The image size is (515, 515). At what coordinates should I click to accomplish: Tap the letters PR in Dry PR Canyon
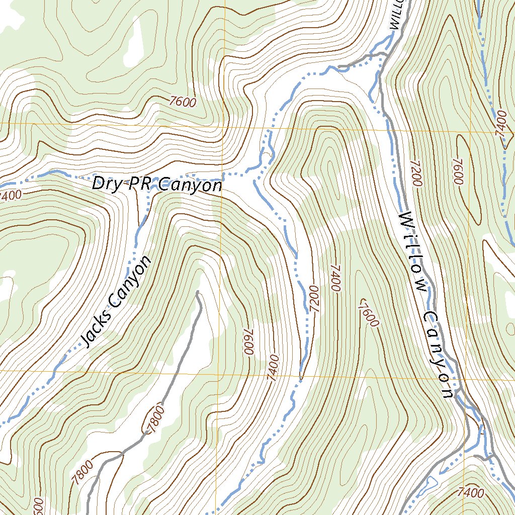click(x=139, y=185)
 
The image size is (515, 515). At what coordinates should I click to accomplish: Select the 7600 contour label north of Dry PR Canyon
click(x=183, y=102)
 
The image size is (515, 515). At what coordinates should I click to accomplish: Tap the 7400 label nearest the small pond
click(x=471, y=492)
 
